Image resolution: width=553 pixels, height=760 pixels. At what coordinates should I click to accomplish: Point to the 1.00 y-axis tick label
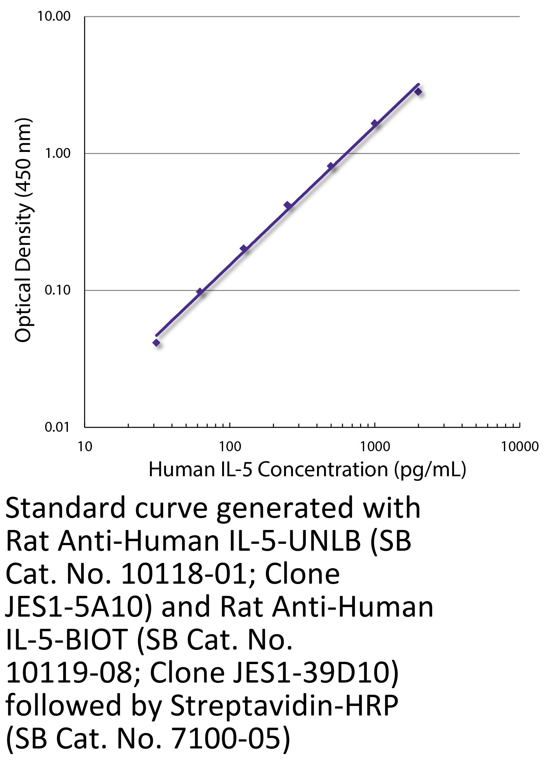[x=58, y=154]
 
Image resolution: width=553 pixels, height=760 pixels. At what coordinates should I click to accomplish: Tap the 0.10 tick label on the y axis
[x=58, y=290]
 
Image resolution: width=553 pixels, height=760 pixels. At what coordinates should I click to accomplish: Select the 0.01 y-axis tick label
[x=58, y=427]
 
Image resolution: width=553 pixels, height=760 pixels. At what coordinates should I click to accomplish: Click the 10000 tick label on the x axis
[x=519, y=447]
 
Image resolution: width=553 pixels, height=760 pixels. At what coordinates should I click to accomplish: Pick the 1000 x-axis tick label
[x=375, y=447]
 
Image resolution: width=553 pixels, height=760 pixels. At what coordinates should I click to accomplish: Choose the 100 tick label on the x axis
[x=230, y=447]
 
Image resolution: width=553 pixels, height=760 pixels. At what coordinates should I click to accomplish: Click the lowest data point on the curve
[x=156, y=342]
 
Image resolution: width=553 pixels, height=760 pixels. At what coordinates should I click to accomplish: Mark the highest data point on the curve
[x=418, y=92]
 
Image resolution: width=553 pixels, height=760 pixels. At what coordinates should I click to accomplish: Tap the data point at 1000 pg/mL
[x=375, y=123]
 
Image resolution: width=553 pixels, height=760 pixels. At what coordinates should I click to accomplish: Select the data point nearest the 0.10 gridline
[x=200, y=292]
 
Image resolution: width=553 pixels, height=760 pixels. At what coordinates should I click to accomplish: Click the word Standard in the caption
[x=65, y=508]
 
